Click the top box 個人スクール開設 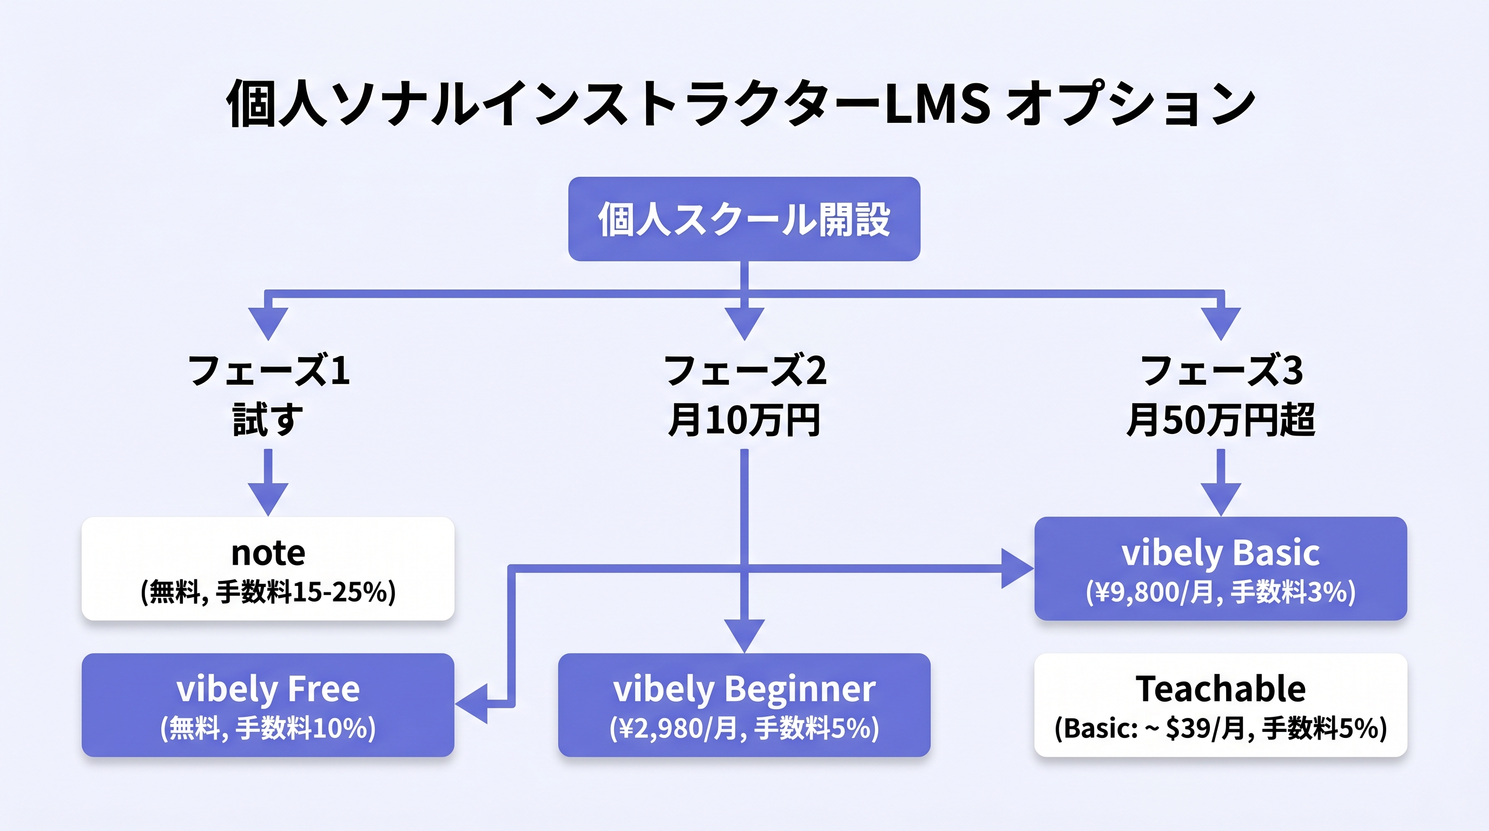tap(744, 219)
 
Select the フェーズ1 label tap(269, 371)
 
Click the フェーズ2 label tap(745, 371)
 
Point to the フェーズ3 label tap(1221, 371)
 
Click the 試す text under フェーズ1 tap(268, 420)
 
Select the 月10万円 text tap(744, 420)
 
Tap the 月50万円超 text tap(1221, 420)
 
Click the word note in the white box tap(268, 553)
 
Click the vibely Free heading tap(268, 689)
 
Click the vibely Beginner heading tap(744, 689)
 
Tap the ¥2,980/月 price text tap(676, 728)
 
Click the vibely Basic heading tap(1220, 553)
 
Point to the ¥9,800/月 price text tap(1150, 592)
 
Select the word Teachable tap(1220, 689)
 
